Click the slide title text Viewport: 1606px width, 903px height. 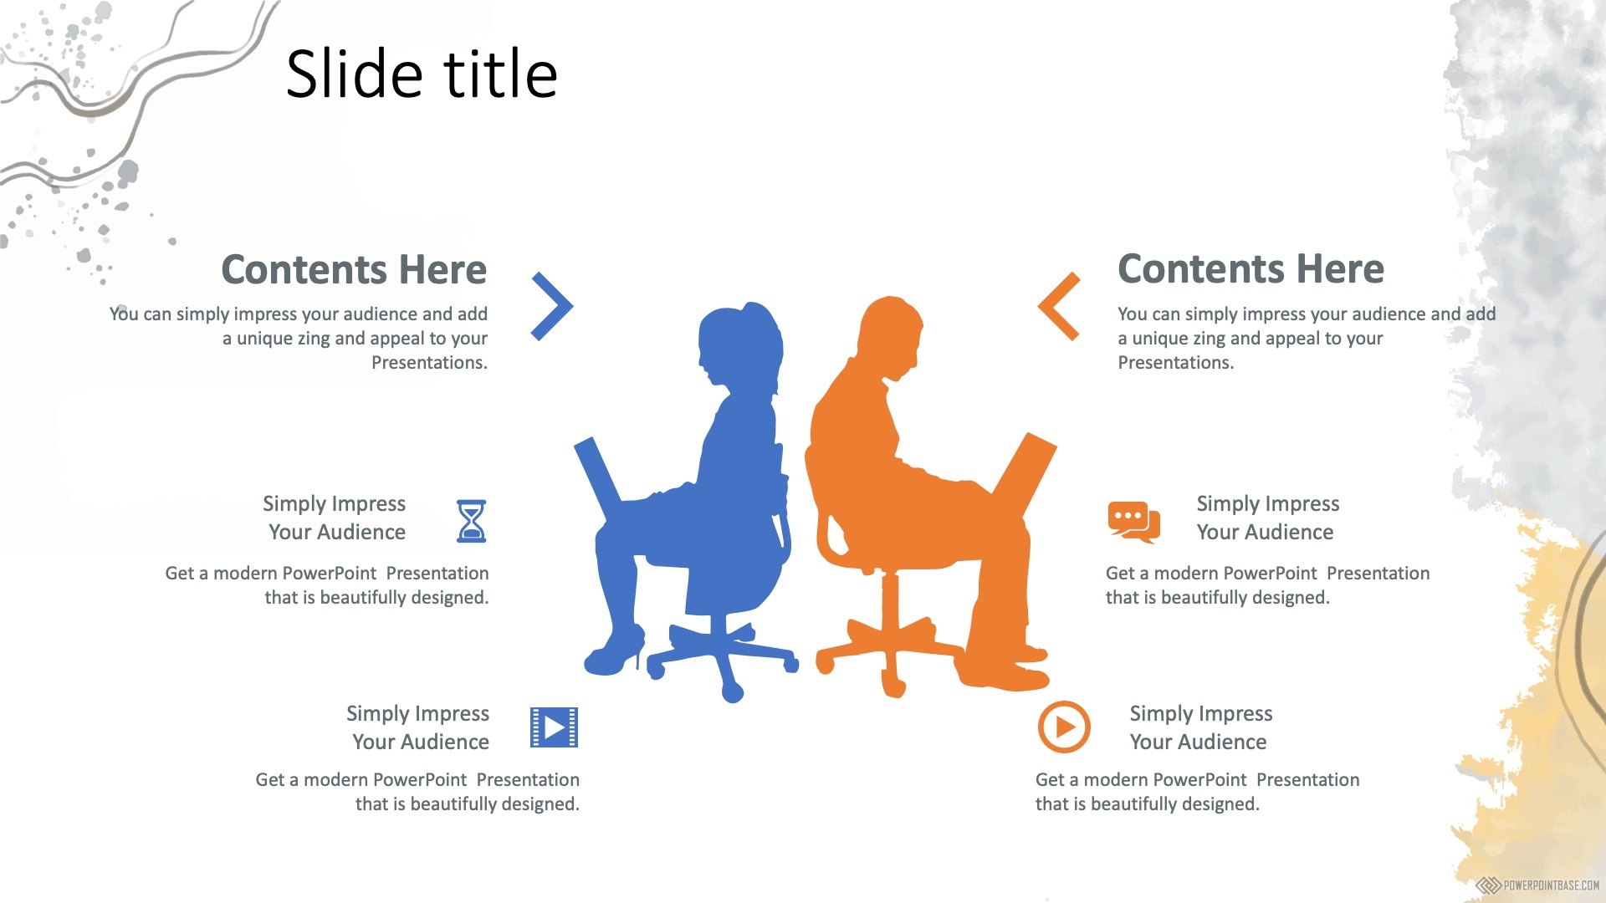coord(422,74)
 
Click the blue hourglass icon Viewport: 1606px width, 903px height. coord(471,521)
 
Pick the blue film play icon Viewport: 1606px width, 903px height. coord(554,727)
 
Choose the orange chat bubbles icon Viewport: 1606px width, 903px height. coord(1134,522)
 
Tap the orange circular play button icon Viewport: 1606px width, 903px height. coord(1064,727)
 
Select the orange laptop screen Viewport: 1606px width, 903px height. coord(1025,477)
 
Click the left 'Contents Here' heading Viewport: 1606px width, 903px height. coord(354,269)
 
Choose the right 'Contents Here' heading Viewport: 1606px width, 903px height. coord(1251,269)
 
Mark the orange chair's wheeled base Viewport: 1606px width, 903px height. coord(892,656)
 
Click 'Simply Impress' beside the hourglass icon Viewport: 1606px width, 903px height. coord(334,504)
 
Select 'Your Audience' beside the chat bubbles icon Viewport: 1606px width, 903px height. coord(1265,533)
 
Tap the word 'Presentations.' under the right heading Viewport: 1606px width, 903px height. coord(1175,363)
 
